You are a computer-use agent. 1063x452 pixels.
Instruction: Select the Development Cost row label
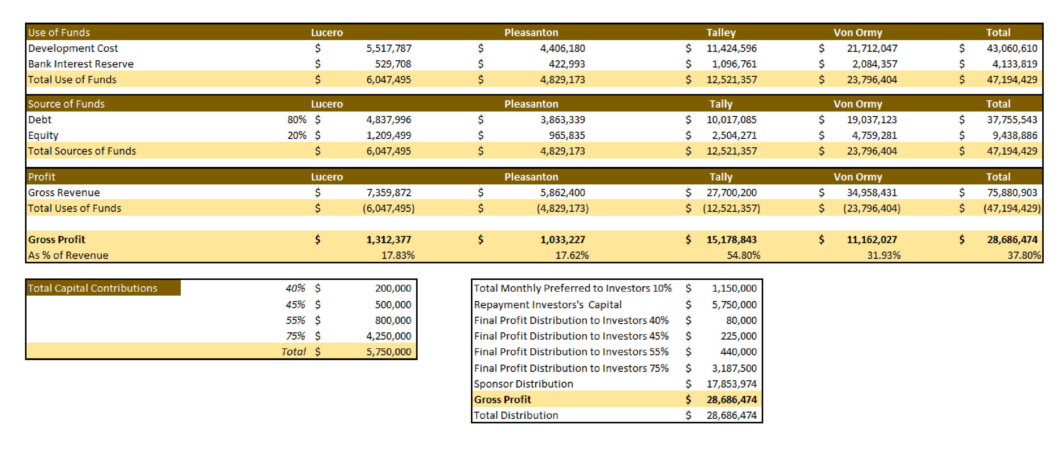tap(73, 48)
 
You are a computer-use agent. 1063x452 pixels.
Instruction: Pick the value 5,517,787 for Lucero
tap(389, 48)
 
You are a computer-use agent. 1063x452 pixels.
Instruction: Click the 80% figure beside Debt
tap(297, 120)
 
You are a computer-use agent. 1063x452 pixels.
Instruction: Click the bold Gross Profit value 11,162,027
tap(872, 240)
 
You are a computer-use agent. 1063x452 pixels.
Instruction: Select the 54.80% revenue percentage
tap(743, 255)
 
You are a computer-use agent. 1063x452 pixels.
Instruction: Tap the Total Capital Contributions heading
tap(93, 288)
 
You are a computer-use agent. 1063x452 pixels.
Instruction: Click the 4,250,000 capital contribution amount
tap(389, 336)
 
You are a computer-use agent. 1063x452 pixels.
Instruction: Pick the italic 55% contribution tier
tap(296, 320)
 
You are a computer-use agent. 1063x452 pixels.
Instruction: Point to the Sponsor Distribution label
tap(523, 384)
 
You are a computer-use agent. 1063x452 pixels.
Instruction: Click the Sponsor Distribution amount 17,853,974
tap(731, 384)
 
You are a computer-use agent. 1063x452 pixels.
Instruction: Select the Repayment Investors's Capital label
tap(547, 305)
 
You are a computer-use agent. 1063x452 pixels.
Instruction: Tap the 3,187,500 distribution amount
tap(734, 368)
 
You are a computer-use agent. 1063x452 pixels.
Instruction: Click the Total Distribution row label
tap(516, 415)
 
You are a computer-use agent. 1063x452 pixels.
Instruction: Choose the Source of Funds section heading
tap(66, 104)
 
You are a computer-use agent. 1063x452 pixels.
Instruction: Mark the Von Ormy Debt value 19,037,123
tap(872, 120)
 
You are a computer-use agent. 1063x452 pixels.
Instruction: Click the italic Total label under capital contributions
tap(293, 352)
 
